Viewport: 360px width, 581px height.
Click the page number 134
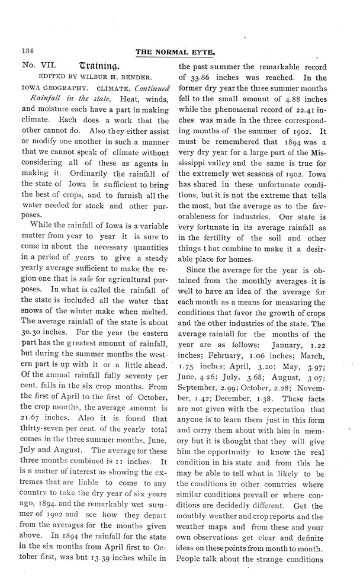(x=28, y=52)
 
